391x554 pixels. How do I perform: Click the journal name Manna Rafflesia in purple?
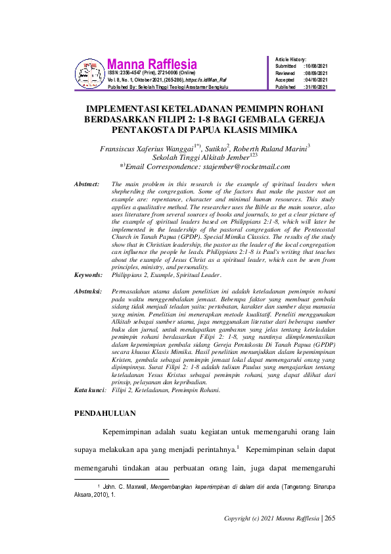[x=151, y=64]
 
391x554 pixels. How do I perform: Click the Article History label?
[x=291, y=59]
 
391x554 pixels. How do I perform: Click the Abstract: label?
[x=86, y=184]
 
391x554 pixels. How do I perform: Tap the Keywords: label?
[x=88, y=275]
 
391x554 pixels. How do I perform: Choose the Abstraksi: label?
[x=88, y=290]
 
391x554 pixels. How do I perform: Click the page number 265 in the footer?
[x=330, y=518]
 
